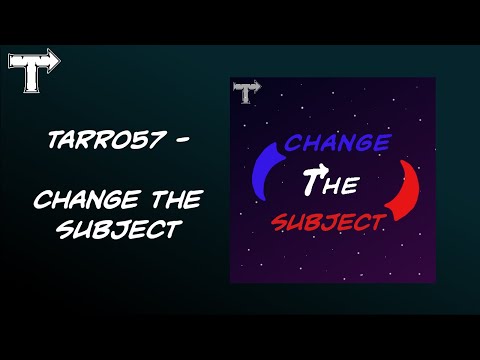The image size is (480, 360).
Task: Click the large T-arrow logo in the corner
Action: (33, 62)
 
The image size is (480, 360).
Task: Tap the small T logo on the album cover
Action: (241, 92)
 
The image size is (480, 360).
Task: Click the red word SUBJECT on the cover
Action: (329, 218)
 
